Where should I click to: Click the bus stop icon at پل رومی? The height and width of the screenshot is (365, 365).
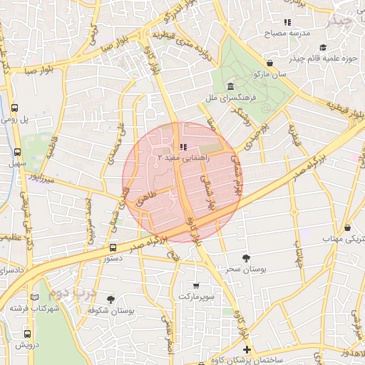pos(15,108)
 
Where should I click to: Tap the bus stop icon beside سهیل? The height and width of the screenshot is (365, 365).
pos(17,152)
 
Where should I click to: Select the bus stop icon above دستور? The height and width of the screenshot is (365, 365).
pos(113,247)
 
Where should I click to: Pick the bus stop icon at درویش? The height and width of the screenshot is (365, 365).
pos(28,333)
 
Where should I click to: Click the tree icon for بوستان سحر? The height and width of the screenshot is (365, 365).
pos(246,258)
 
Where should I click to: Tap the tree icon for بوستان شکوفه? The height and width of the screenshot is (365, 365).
pos(110,299)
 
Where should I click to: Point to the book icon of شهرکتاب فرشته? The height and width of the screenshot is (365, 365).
pos(35,297)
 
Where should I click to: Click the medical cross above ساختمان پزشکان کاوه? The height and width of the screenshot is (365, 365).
pos(247,349)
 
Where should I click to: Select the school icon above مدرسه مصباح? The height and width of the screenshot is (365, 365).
pos(287,23)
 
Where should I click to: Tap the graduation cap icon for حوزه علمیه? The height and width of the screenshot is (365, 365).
pos(323,48)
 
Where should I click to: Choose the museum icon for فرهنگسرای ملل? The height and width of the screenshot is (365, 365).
pos(214,86)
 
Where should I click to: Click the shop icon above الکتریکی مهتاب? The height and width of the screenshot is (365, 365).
pos(347,227)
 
